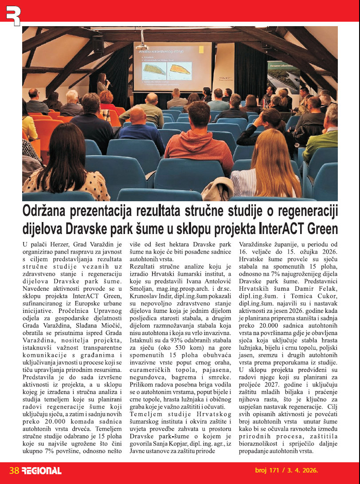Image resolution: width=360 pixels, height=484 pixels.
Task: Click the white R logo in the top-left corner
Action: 13,13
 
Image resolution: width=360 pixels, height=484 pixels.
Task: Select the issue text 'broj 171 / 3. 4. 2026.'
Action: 286,470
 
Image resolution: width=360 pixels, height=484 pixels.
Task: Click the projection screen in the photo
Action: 172,66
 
